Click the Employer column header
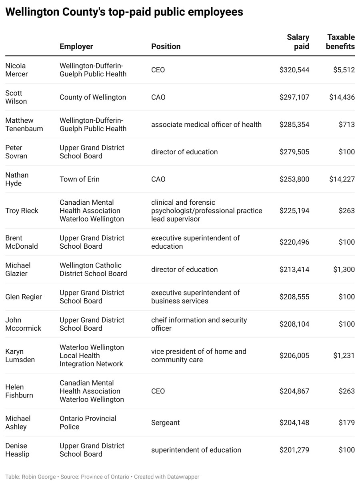click(x=76, y=46)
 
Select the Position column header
click(x=166, y=46)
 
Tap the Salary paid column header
click(x=298, y=42)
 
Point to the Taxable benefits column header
click(x=340, y=42)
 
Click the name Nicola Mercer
click(x=16, y=70)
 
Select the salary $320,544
click(x=294, y=70)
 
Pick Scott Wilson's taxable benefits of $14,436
click(x=342, y=97)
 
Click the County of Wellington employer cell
click(x=93, y=97)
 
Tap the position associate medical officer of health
click(x=206, y=124)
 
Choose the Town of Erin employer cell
click(x=80, y=179)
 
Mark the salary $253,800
click(x=294, y=179)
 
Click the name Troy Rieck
click(x=22, y=211)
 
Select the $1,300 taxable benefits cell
click(x=344, y=269)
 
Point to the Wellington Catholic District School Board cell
click(x=93, y=269)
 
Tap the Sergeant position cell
click(x=166, y=423)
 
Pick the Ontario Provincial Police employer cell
click(x=88, y=423)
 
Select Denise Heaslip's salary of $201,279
click(x=294, y=450)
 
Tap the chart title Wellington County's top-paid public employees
click(x=124, y=12)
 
